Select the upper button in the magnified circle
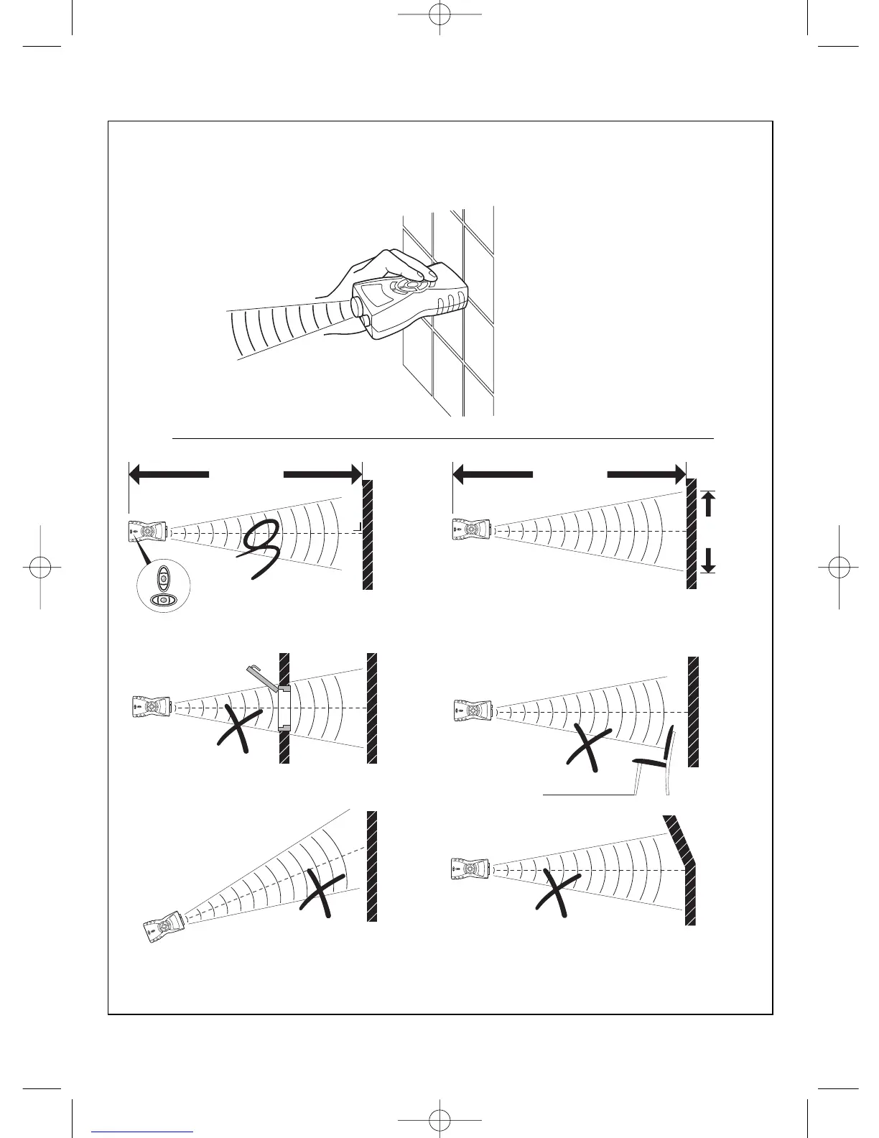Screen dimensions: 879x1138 (x=164, y=577)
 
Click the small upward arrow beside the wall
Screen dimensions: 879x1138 (x=709, y=503)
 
